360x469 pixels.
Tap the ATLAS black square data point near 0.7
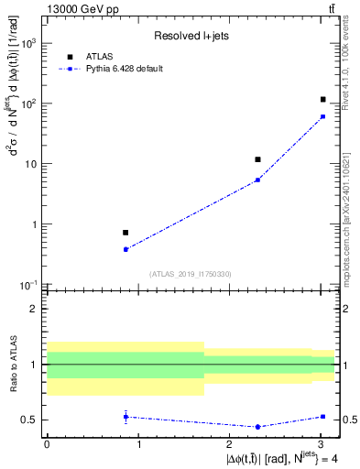tap(125, 233)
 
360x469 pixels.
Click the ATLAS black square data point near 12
tap(258, 159)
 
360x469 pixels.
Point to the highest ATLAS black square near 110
tap(323, 99)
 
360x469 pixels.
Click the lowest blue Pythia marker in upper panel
tap(125, 249)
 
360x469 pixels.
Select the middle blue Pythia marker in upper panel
tap(258, 180)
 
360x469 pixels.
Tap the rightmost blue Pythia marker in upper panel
tap(323, 116)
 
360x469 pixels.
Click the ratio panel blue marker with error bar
tap(125, 417)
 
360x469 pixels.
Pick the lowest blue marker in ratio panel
tap(258, 427)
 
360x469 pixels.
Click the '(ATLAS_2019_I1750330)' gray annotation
tap(190, 274)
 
